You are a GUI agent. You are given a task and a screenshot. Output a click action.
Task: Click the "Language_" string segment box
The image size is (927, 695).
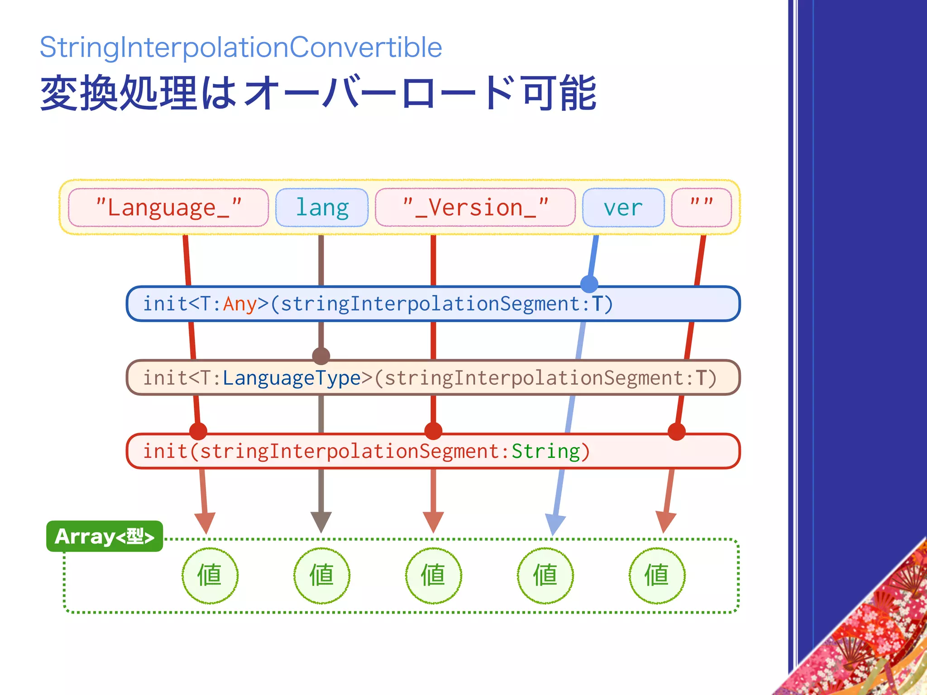(168, 208)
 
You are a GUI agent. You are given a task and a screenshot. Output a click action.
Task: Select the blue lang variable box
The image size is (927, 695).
(322, 208)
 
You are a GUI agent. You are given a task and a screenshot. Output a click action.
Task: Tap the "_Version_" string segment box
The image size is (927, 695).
(475, 208)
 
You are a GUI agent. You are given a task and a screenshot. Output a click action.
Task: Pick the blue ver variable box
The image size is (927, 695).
(623, 208)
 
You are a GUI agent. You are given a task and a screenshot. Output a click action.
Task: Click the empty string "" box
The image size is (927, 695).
(702, 208)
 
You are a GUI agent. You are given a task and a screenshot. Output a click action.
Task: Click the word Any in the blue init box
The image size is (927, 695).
(240, 304)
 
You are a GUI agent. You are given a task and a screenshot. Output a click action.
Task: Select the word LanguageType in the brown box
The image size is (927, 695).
(291, 378)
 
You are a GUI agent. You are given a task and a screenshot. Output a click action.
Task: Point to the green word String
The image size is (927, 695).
(545, 451)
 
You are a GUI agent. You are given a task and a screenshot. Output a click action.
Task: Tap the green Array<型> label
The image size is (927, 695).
(105, 536)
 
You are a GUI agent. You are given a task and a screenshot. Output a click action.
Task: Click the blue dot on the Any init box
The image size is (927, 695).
(589, 284)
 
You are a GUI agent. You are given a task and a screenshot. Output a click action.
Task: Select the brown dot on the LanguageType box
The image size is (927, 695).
(321, 356)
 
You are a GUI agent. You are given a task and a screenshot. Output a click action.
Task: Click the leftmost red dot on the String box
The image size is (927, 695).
(198, 431)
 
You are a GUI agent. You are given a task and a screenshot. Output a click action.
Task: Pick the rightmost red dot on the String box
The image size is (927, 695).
(676, 431)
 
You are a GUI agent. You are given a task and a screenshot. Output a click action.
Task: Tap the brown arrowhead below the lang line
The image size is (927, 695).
(321, 521)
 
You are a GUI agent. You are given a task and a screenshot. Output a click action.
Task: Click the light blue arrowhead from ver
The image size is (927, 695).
(555, 524)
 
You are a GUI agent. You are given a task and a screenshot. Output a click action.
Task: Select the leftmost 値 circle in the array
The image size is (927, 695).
(210, 576)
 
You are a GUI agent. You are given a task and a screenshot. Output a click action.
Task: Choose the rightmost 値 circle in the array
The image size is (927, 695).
(657, 576)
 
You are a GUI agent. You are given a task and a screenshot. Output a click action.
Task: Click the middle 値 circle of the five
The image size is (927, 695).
(434, 576)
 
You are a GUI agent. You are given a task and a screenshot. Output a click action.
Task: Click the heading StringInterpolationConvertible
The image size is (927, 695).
(241, 47)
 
